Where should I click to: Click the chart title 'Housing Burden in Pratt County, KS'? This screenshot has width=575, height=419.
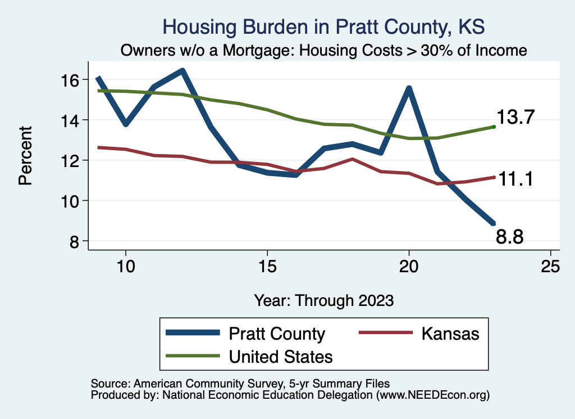[x=323, y=26]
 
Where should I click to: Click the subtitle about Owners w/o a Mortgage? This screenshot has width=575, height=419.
[x=324, y=51]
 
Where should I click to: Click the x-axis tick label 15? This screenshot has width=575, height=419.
[x=267, y=267]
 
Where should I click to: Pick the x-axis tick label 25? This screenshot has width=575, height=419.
[x=550, y=267]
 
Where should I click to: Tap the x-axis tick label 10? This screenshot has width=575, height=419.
[x=125, y=267]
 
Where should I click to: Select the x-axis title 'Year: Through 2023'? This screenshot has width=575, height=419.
[x=323, y=300]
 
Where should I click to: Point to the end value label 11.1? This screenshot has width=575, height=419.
[x=514, y=179]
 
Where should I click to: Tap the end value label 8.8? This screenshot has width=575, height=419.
[x=510, y=238]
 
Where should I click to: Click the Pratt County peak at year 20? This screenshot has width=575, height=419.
[x=409, y=88]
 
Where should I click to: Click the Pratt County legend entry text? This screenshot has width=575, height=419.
[x=277, y=334]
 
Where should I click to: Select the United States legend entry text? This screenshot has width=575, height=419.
[x=281, y=357]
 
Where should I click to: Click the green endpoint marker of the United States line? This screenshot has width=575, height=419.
[x=494, y=127]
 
